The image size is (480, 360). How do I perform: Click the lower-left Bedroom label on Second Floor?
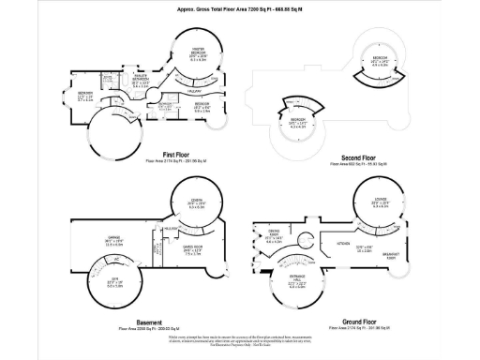(297, 121)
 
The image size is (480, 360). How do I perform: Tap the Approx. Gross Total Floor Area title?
(240, 9)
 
